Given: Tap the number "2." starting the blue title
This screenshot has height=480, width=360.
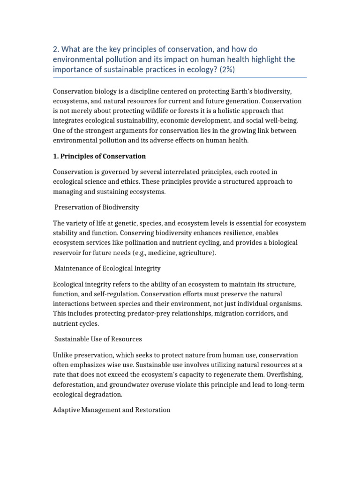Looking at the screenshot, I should pyautogui.click(x=56, y=49).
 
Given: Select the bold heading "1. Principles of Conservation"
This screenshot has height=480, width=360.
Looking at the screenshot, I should pyautogui.click(x=99, y=156).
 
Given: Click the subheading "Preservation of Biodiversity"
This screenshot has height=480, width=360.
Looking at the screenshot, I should pyautogui.click(x=97, y=207).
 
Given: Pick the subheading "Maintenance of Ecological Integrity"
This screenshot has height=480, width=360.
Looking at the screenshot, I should pyautogui.click(x=107, y=268).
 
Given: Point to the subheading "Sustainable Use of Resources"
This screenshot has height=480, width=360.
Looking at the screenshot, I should pyautogui.click(x=98, y=338).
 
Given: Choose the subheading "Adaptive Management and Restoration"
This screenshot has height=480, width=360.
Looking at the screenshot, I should pyautogui.click(x=112, y=410).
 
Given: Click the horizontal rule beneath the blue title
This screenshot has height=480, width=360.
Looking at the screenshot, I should pyautogui.click(x=180, y=77).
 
